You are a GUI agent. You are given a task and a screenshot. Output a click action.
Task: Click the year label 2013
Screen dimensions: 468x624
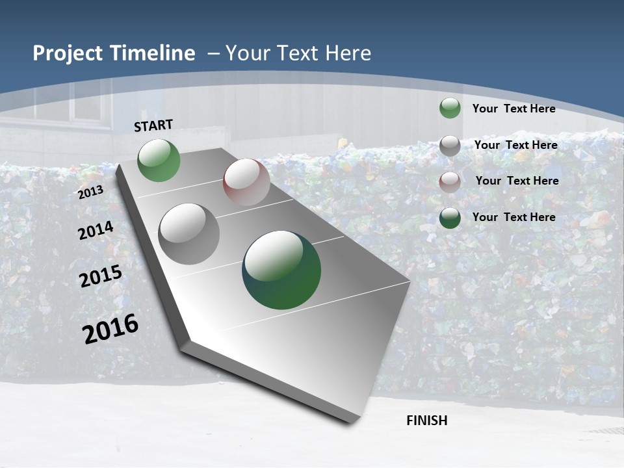(x=91, y=192)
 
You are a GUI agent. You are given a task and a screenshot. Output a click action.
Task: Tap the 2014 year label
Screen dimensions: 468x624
(x=96, y=230)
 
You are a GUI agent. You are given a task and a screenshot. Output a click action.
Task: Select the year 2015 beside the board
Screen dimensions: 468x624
(x=101, y=276)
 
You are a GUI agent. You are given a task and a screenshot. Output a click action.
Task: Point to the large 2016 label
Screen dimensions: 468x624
(x=111, y=328)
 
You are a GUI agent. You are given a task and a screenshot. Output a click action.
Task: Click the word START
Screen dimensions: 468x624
(x=153, y=125)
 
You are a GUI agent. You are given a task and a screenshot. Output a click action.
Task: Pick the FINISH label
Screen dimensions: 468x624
(x=427, y=421)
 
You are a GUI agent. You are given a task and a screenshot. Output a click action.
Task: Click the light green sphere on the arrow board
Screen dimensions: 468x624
(x=159, y=161)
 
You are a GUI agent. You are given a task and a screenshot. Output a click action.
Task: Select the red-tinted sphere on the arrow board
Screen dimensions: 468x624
(x=246, y=182)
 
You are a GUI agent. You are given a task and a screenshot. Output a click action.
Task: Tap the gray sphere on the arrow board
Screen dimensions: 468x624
(x=189, y=233)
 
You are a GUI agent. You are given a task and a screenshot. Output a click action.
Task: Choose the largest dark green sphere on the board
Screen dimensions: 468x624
(x=281, y=270)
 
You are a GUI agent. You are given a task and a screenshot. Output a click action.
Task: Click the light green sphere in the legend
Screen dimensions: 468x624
(x=450, y=108)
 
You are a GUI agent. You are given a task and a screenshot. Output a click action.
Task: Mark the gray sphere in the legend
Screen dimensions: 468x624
(x=450, y=145)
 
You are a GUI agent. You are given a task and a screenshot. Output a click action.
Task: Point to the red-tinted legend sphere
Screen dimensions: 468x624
(x=450, y=181)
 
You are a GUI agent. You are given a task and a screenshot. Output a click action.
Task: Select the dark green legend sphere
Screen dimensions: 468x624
(x=450, y=217)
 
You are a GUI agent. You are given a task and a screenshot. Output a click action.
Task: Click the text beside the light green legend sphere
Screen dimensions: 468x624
(x=513, y=109)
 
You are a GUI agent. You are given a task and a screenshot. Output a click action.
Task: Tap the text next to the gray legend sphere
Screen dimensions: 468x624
(x=515, y=145)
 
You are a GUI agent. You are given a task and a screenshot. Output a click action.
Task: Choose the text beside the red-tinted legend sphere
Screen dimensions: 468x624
(x=517, y=181)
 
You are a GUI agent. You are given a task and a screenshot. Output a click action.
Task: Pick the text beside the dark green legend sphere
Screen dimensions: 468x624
(x=513, y=217)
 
